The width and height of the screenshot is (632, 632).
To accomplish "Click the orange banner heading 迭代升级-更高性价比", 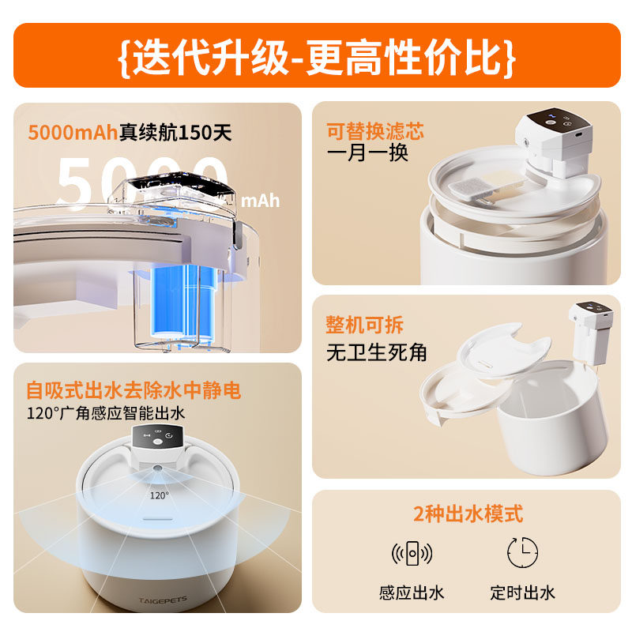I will [317, 56].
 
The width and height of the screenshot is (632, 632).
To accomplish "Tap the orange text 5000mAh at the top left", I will [73, 132].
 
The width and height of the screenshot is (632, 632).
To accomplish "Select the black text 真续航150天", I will [175, 132].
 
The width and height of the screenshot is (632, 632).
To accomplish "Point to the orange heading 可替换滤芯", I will [375, 130].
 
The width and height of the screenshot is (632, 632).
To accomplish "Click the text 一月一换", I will [367, 153].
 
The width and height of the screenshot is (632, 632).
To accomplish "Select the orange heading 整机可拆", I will [364, 325].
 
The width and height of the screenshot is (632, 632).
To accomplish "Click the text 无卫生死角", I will [377, 352].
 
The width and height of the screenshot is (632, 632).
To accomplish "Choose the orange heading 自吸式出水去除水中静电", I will [133, 389].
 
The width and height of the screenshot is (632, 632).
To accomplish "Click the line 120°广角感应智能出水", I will [106, 412].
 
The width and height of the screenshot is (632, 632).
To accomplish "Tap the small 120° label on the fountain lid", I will [159, 495].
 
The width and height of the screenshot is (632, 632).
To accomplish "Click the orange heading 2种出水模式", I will [468, 514].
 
